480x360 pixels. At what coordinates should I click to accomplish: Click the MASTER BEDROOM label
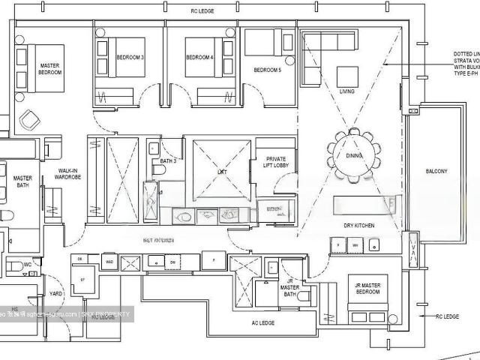pyautogui.click(x=49, y=70)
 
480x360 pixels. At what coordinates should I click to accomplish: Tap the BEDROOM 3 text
pyautogui.click(x=130, y=58)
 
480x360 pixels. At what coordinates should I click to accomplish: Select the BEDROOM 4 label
pyautogui.click(x=199, y=58)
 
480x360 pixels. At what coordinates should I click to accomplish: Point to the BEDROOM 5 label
pyautogui.click(x=268, y=70)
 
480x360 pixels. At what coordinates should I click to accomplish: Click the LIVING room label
pyautogui.click(x=346, y=92)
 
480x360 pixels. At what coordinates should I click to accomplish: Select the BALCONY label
pyautogui.click(x=436, y=172)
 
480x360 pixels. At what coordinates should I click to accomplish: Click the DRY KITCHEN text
pyautogui.click(x=359, y=226)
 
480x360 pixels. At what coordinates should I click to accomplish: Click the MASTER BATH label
pyautogui.click(x=22, y=182)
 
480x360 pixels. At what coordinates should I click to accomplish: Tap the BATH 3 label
pyautogui.click(x=167, y=161)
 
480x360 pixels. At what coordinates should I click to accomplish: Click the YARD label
pyautogui.click(x=55, y=295)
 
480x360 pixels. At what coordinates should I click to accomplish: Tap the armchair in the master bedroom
pyautogui.click(x=30, y=119)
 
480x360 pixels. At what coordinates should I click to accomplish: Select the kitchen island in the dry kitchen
pyautogui.click(x=365, y=205)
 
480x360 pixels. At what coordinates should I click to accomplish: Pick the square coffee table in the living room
pyautogui.click(x=346, y=76)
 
